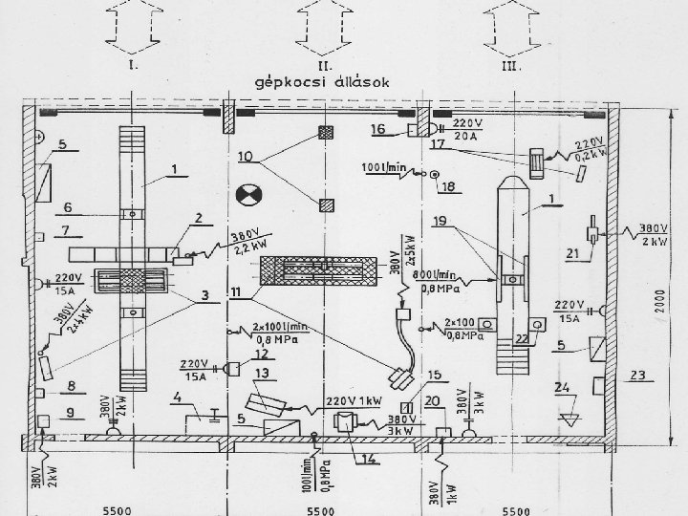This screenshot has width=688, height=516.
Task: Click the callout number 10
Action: click(247, 156)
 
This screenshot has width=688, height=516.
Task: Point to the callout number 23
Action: click(639, 375)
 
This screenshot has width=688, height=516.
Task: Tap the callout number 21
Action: click(572, 252)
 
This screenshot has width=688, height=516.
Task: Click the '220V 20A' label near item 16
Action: click(467, 130)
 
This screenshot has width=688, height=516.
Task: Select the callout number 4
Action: click(178, 396)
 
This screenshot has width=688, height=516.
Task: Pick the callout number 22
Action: click(522, 339)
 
